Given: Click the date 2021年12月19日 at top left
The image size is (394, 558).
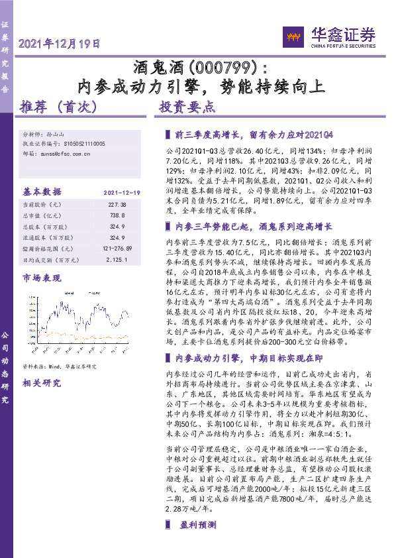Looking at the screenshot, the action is point(60,45).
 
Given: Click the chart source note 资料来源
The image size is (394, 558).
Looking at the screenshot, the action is point(60,366).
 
